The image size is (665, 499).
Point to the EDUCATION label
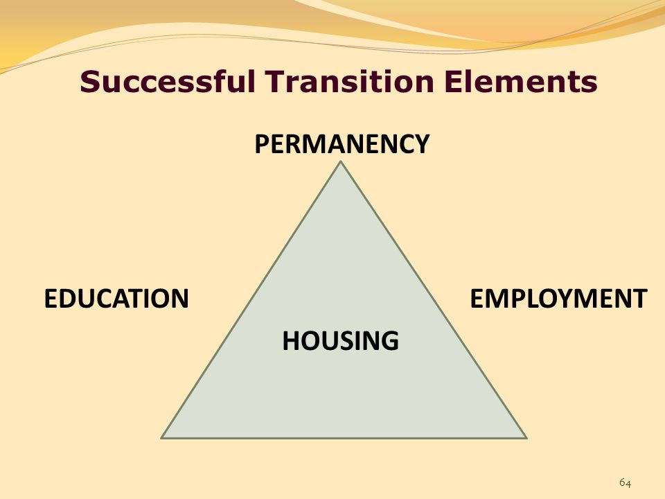(x=116, y=299)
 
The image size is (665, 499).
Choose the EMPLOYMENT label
(x=558, y=299)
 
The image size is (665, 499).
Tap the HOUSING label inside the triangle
(x=340, y=340)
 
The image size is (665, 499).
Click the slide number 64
(x=625, y=483)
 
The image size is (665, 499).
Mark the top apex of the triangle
(x=340, y=162)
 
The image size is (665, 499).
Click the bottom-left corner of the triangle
(x=162, y=437)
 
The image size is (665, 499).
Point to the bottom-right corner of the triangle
(x=526, y=437)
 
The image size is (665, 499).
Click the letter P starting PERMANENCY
(x=261, y=144)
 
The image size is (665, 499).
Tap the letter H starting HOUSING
(x=290, y=340)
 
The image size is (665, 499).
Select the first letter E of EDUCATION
(x=50, y=299)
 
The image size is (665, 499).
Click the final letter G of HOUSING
(x=391, y=340)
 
